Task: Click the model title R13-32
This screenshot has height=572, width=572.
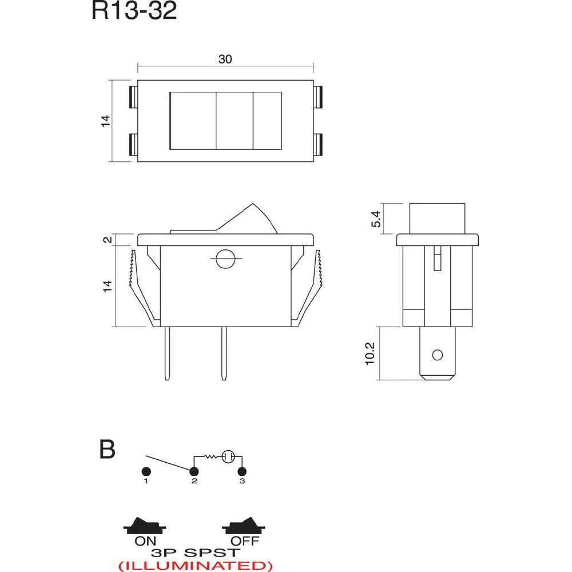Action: click(x=134, y=11)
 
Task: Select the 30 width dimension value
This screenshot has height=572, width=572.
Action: click(x=225, y=59)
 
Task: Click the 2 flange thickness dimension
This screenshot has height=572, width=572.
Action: click(x=107, y=239)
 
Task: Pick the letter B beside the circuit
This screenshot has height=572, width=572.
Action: click(x=107, y=450)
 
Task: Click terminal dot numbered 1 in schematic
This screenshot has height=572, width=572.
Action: click(x=146, y=471)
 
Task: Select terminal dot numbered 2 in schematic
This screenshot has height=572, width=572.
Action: click(x=194, y=471)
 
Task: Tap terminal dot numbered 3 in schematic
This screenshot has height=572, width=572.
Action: click(x=242, y=471)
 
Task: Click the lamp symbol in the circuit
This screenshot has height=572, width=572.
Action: click(x=228, y=456)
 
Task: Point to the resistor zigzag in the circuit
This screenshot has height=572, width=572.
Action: click(x=212, y=456)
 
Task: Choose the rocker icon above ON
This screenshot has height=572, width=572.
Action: click(x=145, y=525)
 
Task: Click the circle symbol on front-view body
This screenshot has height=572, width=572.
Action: click(x=224, y=259)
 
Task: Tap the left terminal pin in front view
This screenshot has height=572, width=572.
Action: click(x=167, y=353)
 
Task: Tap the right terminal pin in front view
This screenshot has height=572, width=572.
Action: click(x=224, y=353)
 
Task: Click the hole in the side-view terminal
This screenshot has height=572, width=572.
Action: click(x=438, y=355)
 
